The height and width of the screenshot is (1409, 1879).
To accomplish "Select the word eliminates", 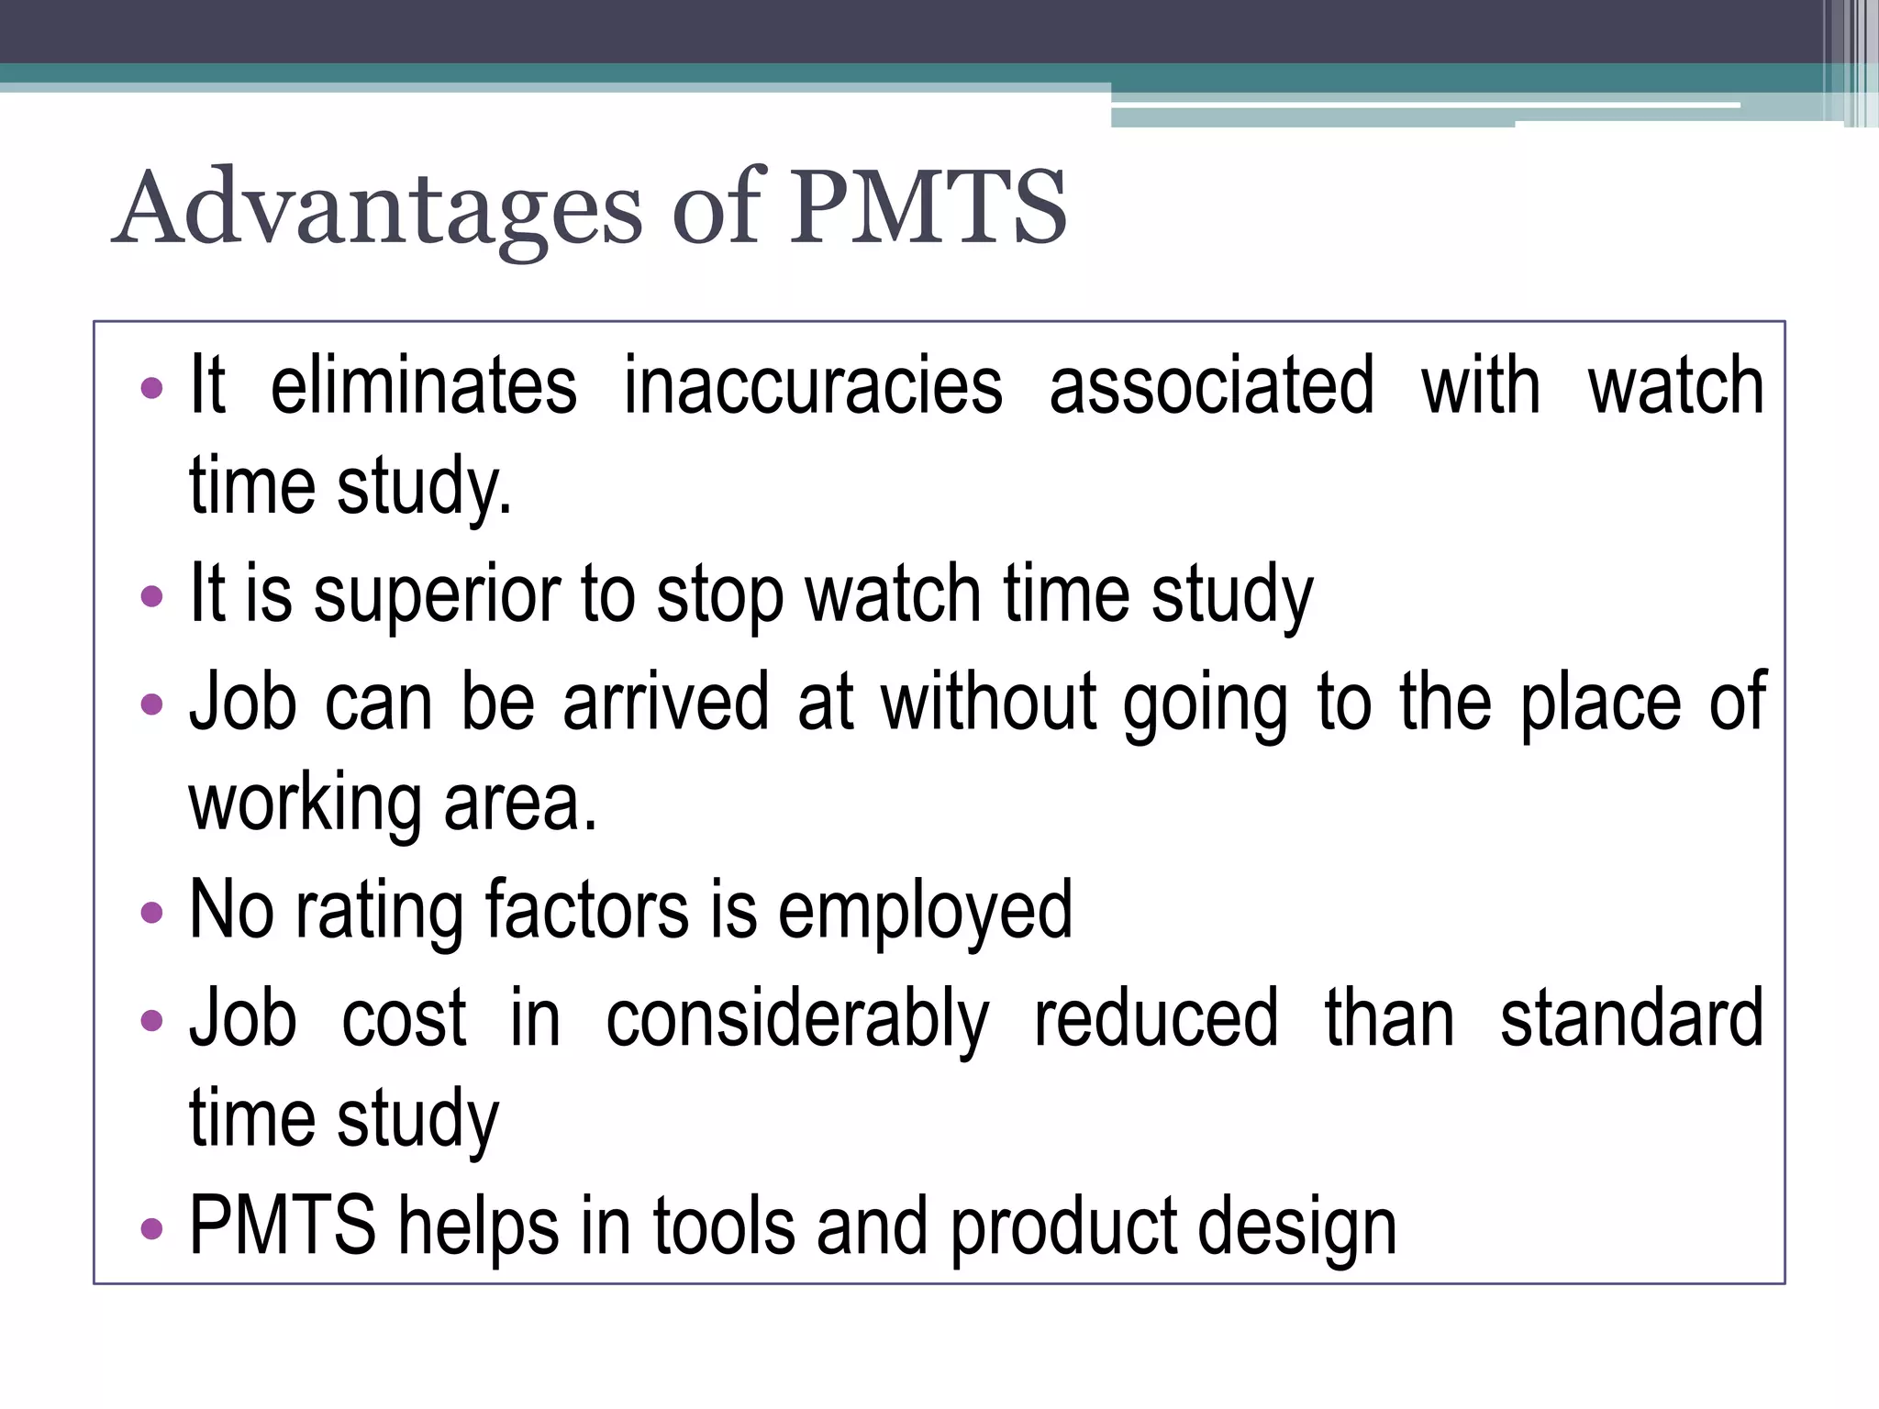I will [423, 385].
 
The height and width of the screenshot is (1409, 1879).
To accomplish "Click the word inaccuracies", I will [813, 385].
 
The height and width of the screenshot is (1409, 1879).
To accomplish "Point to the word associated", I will [1211, 385].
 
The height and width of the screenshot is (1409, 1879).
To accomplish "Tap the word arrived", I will [665, 702].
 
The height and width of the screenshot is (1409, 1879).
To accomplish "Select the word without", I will [988, 702].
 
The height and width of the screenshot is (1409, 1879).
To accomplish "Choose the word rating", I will [379, 911].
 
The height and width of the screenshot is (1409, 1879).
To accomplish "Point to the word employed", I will [925, 911].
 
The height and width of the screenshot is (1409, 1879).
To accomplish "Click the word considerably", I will [797, 1018].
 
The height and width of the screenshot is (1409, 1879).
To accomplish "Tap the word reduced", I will [1156, 1018].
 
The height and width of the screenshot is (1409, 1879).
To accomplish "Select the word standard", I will [1631, 1018].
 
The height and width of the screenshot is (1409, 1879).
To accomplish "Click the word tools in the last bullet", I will [724, 1226].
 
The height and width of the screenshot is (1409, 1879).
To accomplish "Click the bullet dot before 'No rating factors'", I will [151, 913].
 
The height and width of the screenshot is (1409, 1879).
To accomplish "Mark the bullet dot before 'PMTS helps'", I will [151, 1228].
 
